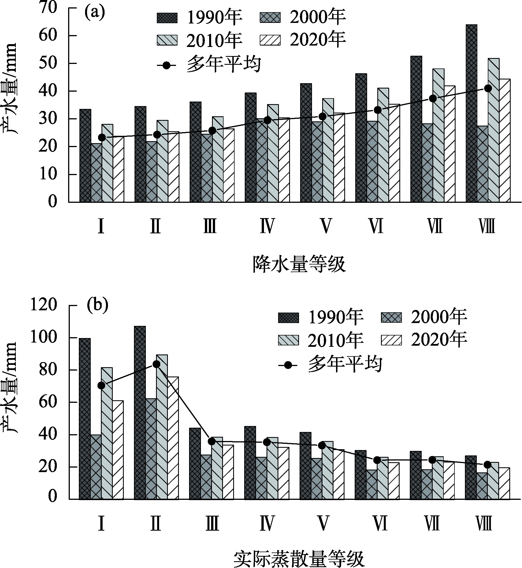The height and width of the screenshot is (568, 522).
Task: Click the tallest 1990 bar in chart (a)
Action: point(471,113)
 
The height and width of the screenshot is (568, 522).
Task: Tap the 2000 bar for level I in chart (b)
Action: point(96,467)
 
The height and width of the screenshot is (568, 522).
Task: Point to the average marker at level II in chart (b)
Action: point(156,364)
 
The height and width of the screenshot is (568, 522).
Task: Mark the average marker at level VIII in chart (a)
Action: point(488,88)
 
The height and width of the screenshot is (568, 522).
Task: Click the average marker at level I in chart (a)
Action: point(102,137)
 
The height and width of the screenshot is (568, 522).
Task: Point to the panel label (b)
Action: point(97,305)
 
